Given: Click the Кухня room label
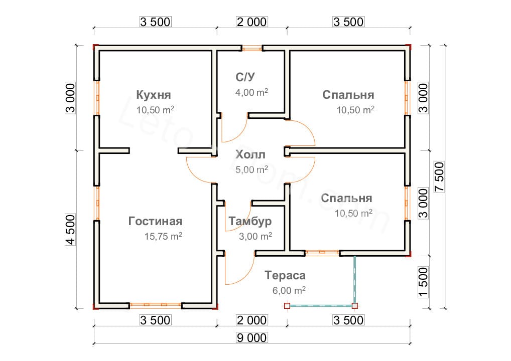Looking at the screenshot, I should (x=154, y=95).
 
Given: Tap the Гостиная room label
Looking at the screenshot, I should (x=155, y=221).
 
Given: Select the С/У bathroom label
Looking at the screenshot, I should (x=246, y=77).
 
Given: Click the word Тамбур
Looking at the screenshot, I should (x=249, y=221).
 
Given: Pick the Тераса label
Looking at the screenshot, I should (x=285, y=275).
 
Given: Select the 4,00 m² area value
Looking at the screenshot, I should (x=251, y=92).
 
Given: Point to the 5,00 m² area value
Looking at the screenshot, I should (x=251, y=170).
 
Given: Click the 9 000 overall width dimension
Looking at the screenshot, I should (x=251, y=337).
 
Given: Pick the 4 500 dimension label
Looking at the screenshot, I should (x=70, y=229).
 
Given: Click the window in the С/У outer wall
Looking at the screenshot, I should (x=251, y=49).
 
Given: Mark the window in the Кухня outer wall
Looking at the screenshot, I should (x=97, y=97).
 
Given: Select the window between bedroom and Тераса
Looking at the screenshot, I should (x=322, y=252).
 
